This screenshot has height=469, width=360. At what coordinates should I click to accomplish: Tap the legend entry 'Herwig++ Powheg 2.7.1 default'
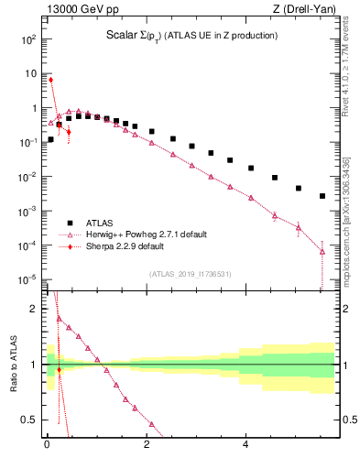click(149, 234)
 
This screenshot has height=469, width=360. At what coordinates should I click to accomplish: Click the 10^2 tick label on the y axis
click(28, 39)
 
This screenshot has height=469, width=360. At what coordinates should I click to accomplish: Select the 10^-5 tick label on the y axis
click(27, 278)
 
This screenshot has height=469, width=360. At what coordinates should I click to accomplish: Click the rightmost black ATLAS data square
click(322, 196)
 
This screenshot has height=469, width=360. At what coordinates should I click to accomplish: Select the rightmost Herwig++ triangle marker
click(322, 251)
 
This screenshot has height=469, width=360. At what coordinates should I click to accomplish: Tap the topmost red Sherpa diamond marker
click(50, 80)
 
